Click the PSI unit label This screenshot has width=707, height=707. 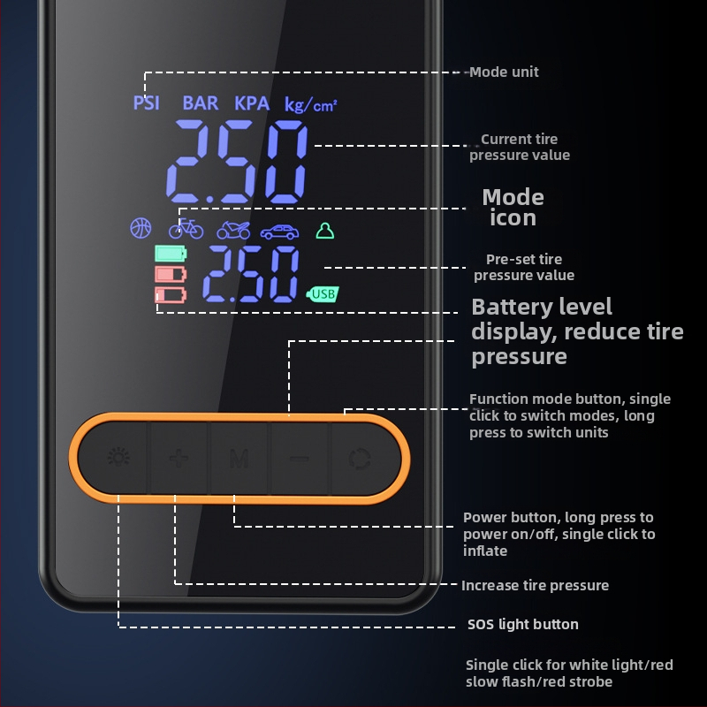tap(146, 103)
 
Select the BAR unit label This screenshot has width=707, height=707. tap(201, 103)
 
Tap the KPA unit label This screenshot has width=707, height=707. tap(252, 103)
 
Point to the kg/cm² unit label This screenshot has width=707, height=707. tap(311, 105)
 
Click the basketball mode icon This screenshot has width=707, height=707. tap(141, 228)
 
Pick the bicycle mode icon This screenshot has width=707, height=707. tap(186, 229)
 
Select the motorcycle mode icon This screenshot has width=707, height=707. tap(233, 230)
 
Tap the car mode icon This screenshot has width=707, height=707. tap(279, 232)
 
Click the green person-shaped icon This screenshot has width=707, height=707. tap(325, 231)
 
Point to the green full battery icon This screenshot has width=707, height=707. tap(171, 254)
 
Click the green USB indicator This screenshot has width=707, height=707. tap(323, 294)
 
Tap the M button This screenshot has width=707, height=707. tap(239, 459)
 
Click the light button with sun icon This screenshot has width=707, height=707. tap(118, 458)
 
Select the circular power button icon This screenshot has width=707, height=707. tap(360, 459)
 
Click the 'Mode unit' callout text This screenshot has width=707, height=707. tap(504, 72)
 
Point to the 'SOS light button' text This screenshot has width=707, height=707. tap(523, 624)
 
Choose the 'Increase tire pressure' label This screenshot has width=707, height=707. tap(536, 585)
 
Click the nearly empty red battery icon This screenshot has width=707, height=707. tap(171, 295)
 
